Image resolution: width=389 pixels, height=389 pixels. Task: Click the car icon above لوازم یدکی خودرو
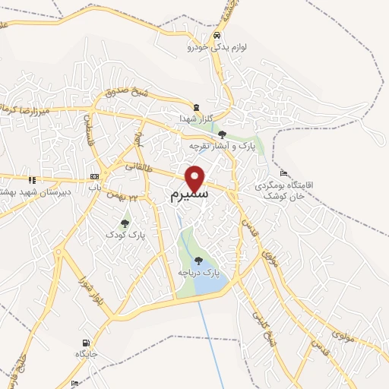click(217, 36)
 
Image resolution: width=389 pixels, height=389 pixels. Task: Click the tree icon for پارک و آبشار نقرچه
click(222, 134)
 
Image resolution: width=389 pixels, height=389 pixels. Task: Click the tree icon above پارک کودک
click(125, 223)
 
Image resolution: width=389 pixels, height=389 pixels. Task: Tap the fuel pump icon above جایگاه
click(85, 343)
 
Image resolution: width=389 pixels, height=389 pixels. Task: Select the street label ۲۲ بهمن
click(114, 197)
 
